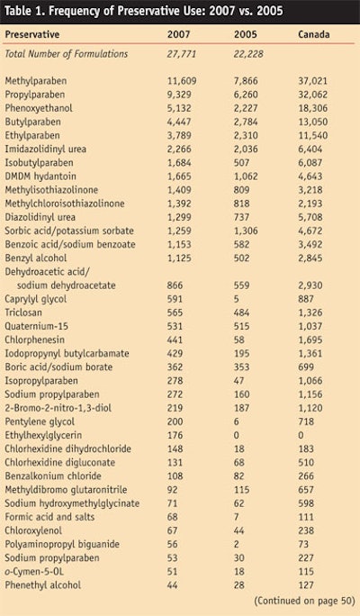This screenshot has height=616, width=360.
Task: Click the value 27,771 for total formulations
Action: [182, 54]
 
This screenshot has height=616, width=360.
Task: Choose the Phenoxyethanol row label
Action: [40, 106]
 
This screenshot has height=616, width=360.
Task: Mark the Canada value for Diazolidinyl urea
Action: [311, 219]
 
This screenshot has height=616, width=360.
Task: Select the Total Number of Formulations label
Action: [67, 54]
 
